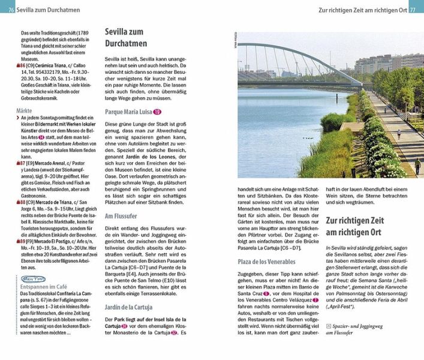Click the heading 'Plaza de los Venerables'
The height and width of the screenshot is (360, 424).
(266, 262)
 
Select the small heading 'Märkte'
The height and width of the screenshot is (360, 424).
(25, 111)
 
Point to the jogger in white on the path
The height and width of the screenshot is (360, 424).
(397, 133)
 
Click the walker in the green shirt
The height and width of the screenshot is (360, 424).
(417, 165)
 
